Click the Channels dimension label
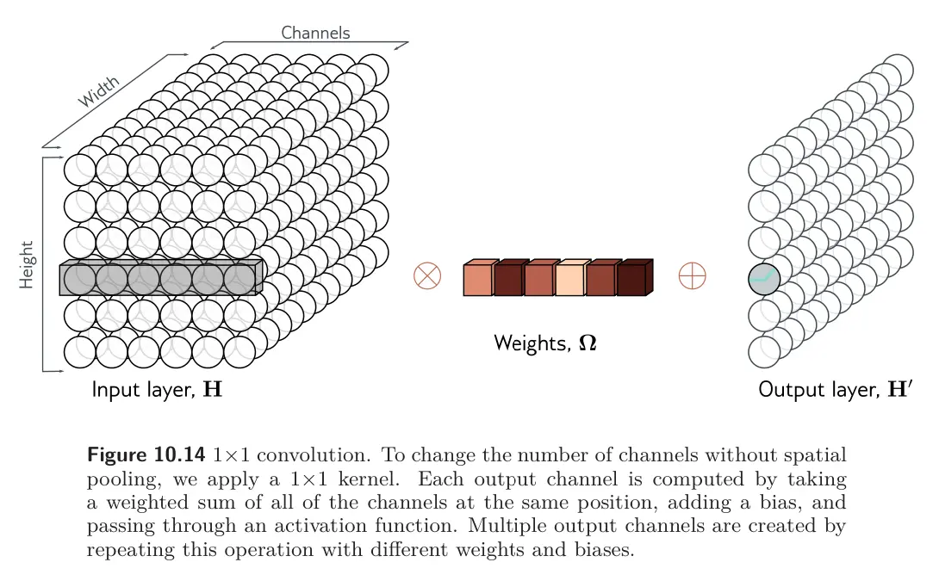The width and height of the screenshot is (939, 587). pos(315,33)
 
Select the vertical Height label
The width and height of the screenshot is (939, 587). pos(27,264)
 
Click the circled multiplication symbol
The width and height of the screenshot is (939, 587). pos(427,276)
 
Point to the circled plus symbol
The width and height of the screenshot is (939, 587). pos(693,276)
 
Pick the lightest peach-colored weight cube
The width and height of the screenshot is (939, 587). pos(570,279)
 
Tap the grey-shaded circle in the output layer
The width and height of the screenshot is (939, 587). pos(763,279)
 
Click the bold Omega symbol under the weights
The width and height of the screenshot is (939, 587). pos(588,343)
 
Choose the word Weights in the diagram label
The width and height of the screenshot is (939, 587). pos(528,343)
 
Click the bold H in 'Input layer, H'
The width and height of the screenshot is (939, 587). pos(212,390)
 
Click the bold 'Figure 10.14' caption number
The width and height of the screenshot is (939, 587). pos(147,454)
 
